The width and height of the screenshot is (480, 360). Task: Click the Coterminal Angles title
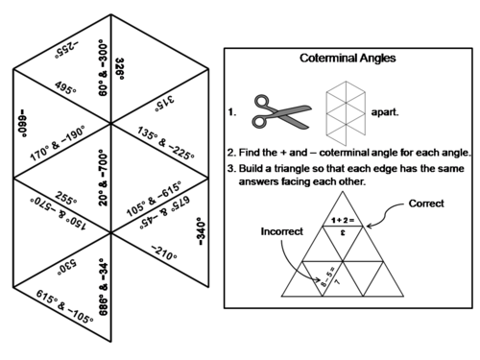pos(348,59)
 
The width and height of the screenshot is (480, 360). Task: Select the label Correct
pos(425,204)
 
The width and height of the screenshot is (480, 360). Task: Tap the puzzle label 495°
pos(66,88)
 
